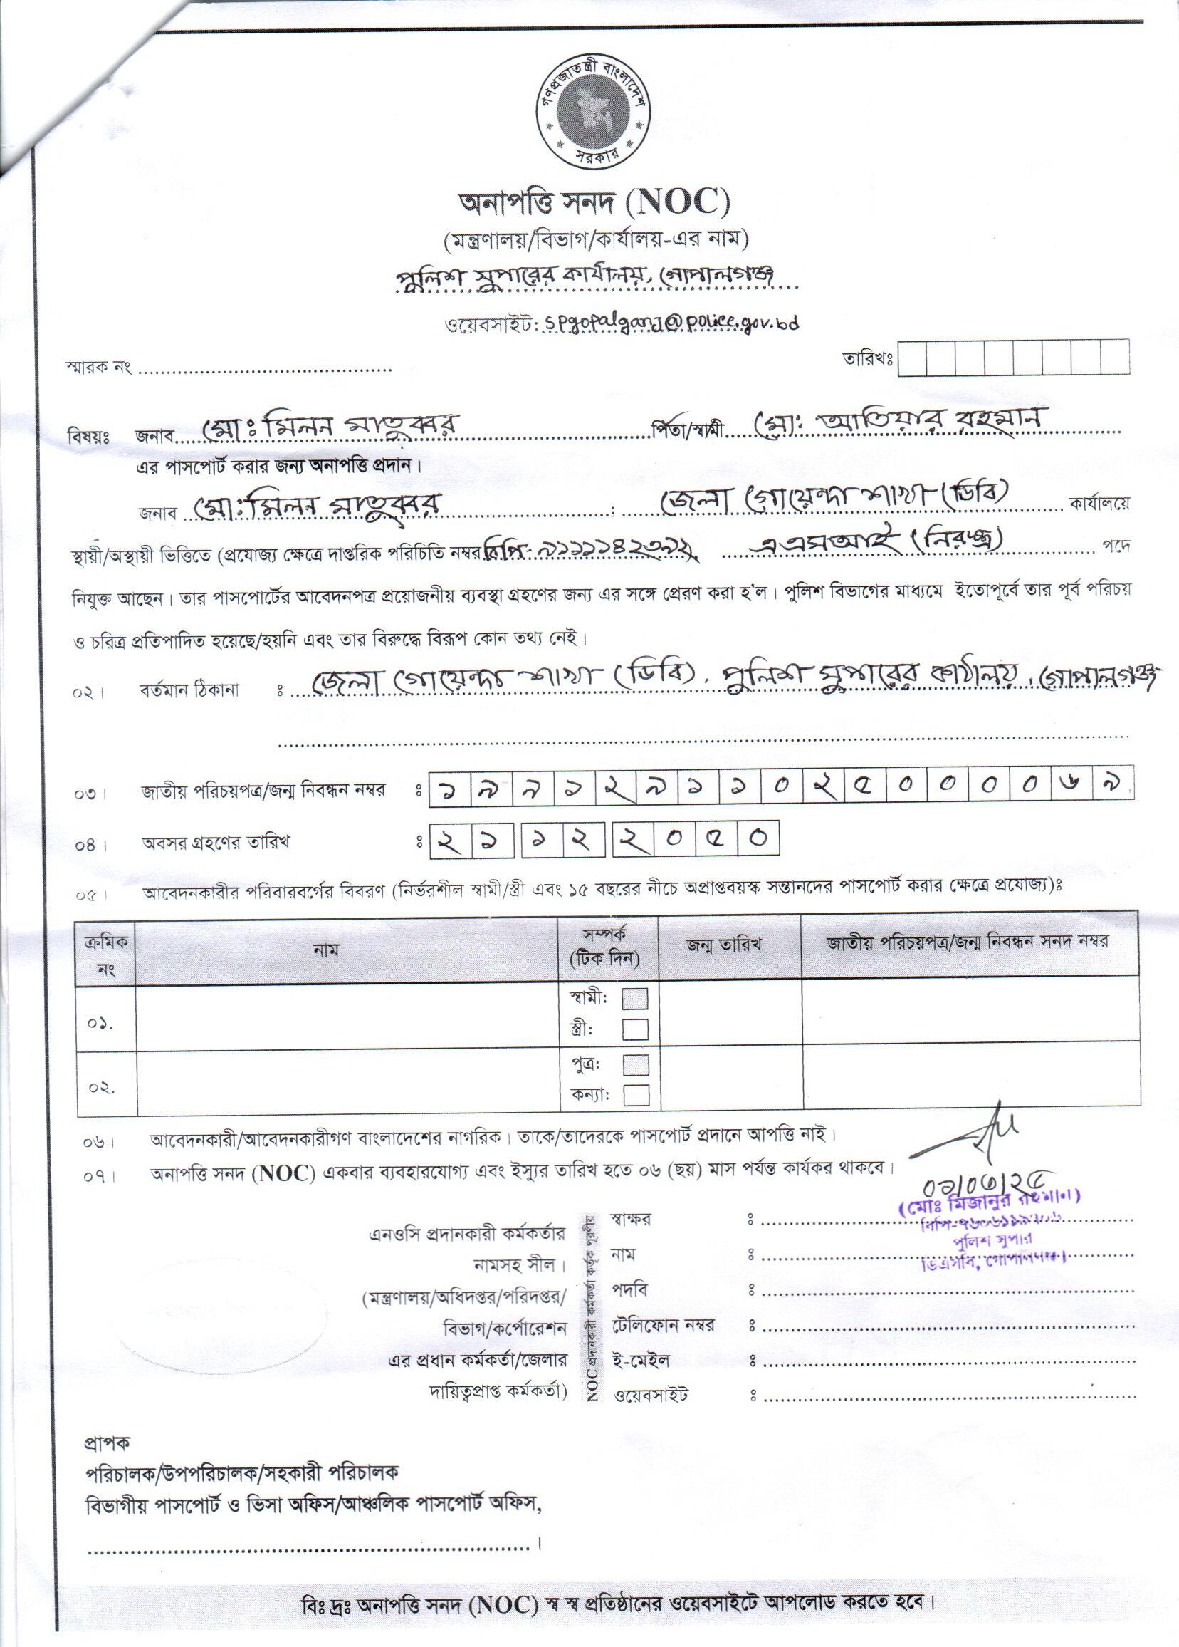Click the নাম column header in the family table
(327, 949)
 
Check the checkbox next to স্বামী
(635, 999)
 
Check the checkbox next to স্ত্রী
(635, 1029)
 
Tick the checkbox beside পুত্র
(635, 1065)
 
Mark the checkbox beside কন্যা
(635, 1094)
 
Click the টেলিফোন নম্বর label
(664, 1326)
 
